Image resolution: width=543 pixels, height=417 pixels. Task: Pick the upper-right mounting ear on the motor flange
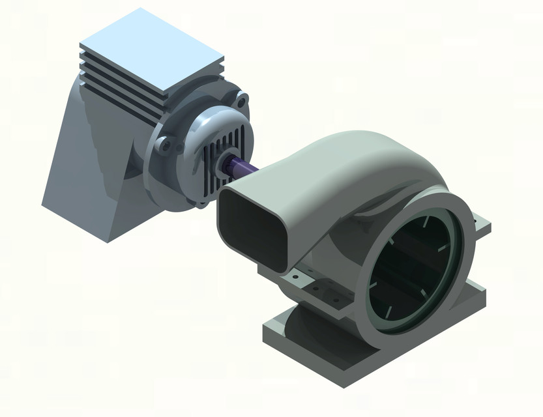pos(242,102)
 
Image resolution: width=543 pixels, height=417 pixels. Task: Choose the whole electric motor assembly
pos(143,130)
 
